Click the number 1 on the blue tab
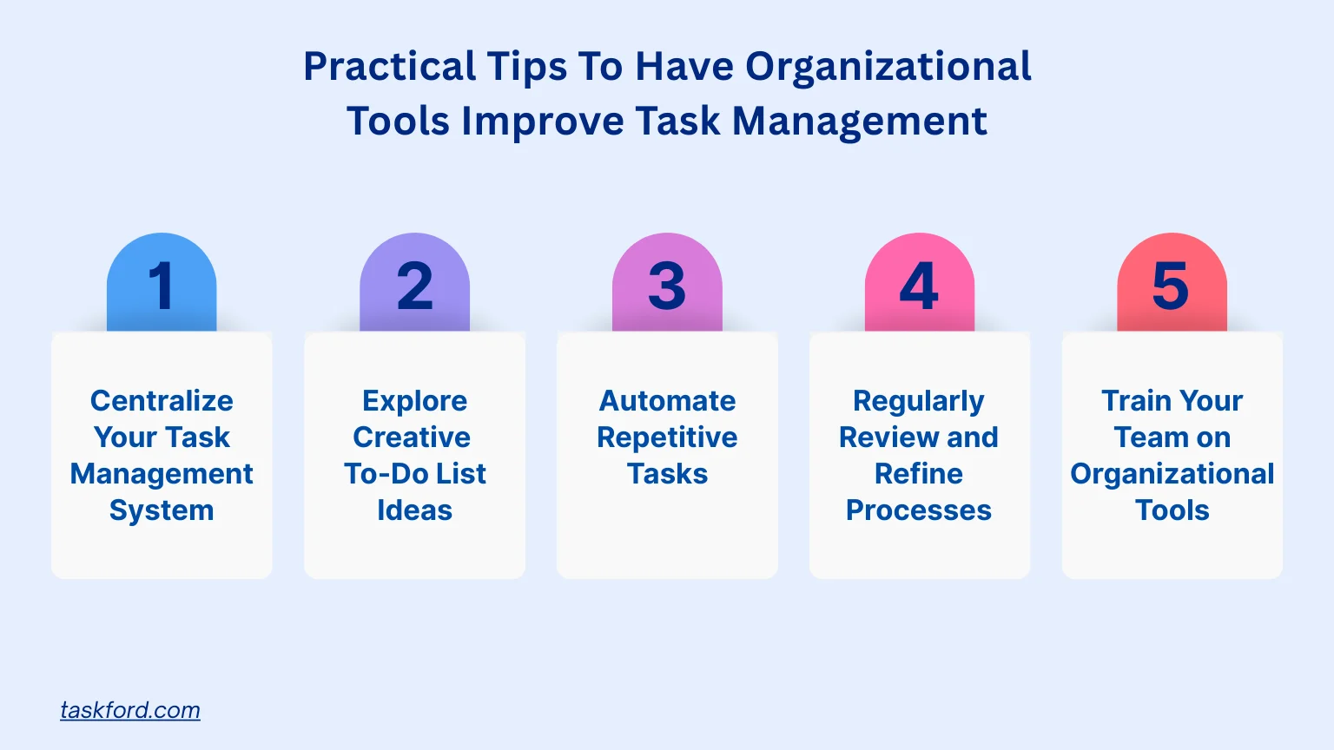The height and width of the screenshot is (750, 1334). coord(161,286)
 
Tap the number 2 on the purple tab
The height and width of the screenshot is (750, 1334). coord(414,286)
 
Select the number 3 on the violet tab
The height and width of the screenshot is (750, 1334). coord(667,286)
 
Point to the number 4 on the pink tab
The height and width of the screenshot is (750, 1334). coord(919,286)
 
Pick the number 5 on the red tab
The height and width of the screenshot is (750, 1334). coord(1171,286)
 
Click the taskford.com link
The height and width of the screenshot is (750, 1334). coord(129,710)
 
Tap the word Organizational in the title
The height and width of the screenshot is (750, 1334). coord(888,67)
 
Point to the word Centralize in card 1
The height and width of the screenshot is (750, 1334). coord(162,400)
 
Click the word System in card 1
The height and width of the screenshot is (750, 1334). coord(162,510)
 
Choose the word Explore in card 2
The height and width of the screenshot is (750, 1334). coord(414,401)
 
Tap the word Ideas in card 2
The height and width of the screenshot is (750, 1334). coord(414,510)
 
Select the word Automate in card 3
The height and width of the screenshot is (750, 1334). coord(667,400)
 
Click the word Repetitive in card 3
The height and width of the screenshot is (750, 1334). coord(667,438)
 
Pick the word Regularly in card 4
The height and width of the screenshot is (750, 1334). coord(918,401)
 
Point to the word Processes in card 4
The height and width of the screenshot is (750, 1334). coord(918,510)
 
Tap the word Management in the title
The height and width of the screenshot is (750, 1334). coord(859,122)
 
